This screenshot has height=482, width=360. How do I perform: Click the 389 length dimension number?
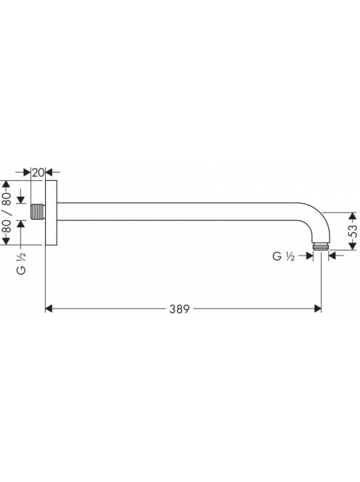coord(179,309)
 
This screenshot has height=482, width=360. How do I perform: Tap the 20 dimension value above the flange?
coord(38,173)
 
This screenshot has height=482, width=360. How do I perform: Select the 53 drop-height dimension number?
coord(353,231)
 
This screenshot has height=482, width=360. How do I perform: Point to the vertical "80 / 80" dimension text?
coord(7,213)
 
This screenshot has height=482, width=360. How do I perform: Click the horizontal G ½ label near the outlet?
coord(284,256)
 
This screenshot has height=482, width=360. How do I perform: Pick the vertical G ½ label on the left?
coord(21,264)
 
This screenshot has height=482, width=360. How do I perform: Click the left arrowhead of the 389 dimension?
coord(49,309)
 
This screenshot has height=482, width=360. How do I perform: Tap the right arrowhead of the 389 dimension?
coord(318,309)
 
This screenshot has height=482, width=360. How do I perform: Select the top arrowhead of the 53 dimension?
coord(353,216)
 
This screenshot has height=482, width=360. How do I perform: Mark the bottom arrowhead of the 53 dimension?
coord(353,246)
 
